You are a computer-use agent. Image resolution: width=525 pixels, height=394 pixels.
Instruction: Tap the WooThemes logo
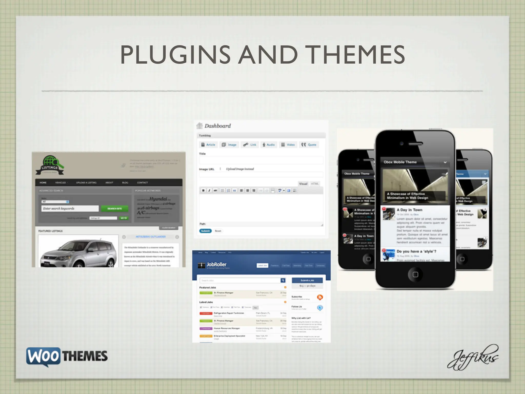click(67, 356)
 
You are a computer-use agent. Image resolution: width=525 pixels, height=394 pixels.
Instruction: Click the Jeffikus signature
click(473, 358)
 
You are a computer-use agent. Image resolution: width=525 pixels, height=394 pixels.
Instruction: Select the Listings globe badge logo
click(50, 165)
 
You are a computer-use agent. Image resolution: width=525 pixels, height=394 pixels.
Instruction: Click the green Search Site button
click(114, 209)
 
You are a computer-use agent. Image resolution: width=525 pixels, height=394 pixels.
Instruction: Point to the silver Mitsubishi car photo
click(78, 253)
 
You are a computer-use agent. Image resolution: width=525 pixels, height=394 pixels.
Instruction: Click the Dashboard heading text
click(217, 126)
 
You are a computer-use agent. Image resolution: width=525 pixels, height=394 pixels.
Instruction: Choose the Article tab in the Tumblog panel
click(208, 145)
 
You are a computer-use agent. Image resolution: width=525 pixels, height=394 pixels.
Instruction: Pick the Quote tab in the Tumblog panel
click(309, 145)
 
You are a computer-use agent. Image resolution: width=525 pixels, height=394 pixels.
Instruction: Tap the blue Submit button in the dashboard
click(205, 231)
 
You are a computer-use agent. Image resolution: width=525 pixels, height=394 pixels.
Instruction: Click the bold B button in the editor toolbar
click(203, 190)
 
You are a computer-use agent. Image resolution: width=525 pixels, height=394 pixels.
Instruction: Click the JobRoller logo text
click(216, 264)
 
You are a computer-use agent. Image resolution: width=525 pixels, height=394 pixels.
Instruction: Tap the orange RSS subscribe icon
click(320, 297)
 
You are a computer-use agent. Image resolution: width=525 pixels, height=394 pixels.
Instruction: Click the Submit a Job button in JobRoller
click(307, 280)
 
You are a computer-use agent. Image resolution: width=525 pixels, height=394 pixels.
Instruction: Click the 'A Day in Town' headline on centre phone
click(409, 210)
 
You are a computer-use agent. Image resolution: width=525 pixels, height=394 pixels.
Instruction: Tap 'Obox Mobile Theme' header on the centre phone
click(400, 162)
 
